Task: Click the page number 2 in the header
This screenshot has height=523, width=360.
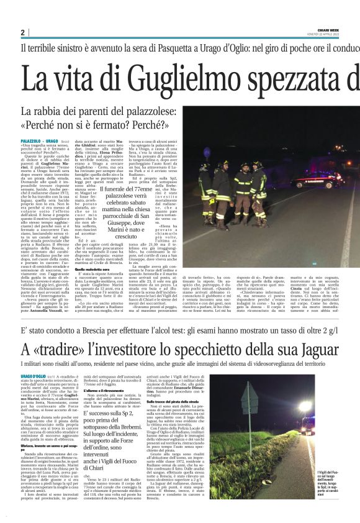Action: click(x=22, y=32)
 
